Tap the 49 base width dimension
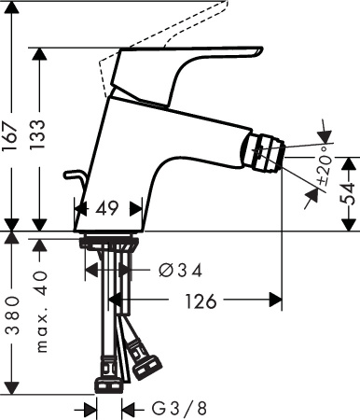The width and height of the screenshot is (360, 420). pyautogui.click(x=108, y=210)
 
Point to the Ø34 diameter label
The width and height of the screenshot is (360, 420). pyautogui.click(x=179, y=271)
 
